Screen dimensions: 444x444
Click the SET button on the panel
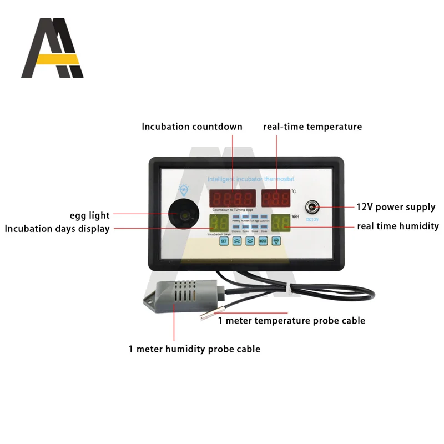pyautogui.click(x=224, y=241)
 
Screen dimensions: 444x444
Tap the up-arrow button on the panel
pyautogui.click(x=237, y=241)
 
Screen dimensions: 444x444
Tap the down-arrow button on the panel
pyautogui.click(x=250, y=241)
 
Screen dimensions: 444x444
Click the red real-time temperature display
pyautogui.click(x=276, y=198)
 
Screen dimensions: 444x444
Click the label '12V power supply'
pyautogui.click(x=396, y=207)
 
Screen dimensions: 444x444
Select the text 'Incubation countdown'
pyautogui.click(x=192, y=127)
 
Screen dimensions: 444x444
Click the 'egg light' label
pyautogui.click(x=89, y=215)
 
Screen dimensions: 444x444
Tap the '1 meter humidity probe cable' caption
pyautogui.click(x=194, y=349)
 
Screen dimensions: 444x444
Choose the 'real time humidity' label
pyautogui.click(x=397, y=226)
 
